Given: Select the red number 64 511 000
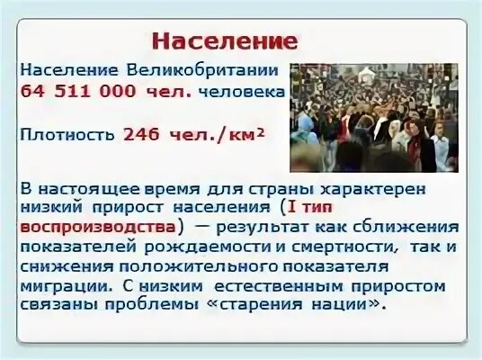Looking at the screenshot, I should point(99,91).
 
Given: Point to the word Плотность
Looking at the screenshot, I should point(67,134).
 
